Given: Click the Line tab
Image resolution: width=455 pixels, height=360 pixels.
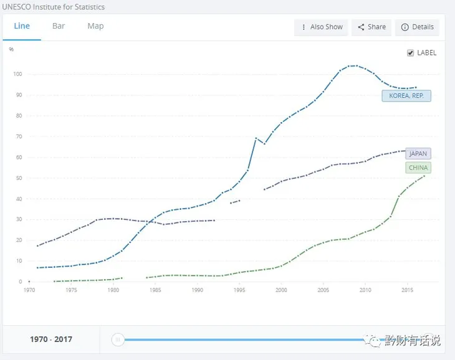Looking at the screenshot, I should tap(22, 26).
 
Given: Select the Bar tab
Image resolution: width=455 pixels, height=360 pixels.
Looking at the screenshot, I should tap(59, 26).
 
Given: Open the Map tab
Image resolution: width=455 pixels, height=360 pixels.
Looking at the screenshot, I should tap(95, 26).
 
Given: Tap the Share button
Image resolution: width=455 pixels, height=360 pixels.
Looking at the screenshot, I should tap(371, 27).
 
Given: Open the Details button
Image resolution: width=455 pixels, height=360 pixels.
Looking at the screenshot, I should tap(417, 27).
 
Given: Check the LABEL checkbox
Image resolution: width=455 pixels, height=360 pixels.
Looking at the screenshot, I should tap(410, 53).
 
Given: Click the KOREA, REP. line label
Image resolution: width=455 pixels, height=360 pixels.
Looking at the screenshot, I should tap(406, 96).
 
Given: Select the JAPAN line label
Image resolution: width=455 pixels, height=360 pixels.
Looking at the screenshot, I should tap(418, 154).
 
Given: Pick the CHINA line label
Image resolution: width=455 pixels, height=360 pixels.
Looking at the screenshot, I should tap(418, 168).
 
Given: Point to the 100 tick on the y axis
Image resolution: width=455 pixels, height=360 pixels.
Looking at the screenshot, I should tap(17, 74).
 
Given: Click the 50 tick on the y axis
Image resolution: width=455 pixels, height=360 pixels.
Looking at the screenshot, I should tap(19, 178).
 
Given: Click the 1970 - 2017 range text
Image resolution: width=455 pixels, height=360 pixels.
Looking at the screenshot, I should tap(51, 339).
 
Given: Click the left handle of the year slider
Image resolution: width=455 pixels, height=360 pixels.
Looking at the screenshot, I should tap(117, 339).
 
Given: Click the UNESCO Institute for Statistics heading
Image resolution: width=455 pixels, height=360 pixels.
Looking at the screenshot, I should tap(54, 7).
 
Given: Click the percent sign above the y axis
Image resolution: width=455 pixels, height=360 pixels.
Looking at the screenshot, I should tap(11, 49).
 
